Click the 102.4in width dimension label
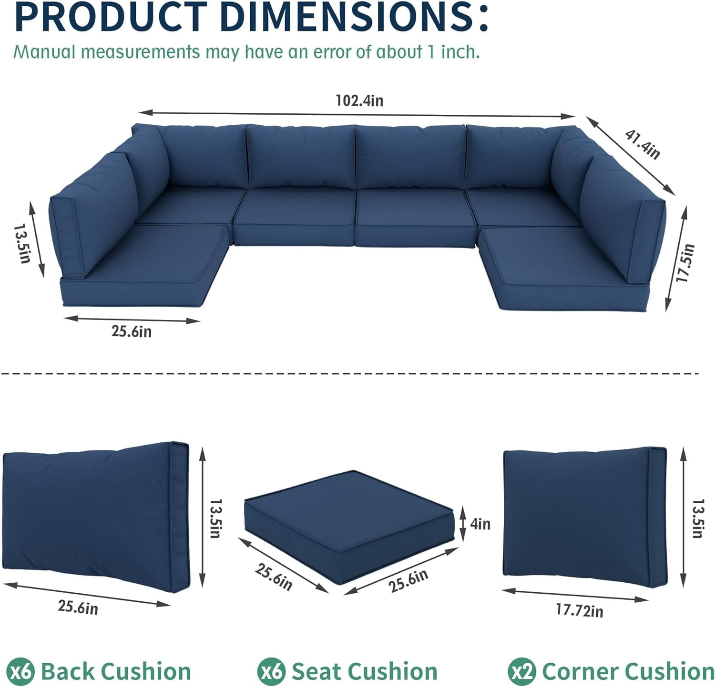coord(359,101)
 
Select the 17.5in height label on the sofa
coord(686,262)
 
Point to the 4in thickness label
coord(480,524)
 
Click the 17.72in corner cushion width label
coord(579,610)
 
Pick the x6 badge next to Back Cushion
coord(22,672)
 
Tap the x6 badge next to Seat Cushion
coord(271,672)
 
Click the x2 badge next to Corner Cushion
coord(522,672)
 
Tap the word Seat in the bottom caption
coord(317,672)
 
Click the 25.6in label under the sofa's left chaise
coord(132,331)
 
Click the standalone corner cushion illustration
coord(585,516)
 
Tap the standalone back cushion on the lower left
coord(96,514)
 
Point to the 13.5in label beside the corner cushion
coord(697,518)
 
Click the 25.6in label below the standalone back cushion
coord(78,607)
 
